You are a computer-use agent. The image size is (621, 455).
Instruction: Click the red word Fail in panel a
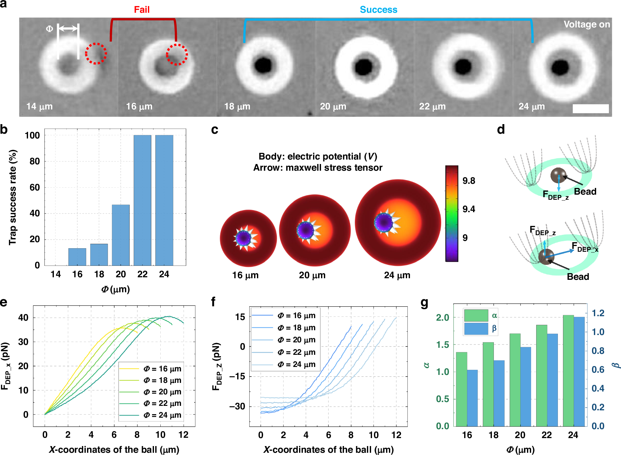click(142, 10)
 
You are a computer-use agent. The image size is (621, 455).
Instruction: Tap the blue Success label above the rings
click(378, 10)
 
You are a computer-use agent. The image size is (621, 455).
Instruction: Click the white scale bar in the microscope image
click(590, 108)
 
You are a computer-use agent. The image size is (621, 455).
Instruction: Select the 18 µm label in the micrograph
click(237, 106)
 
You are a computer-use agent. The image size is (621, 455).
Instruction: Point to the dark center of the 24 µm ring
click(560, 67)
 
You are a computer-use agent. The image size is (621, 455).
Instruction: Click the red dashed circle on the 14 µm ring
click(96, 54)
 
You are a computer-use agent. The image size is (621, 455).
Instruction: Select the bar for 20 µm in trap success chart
click(121, 235)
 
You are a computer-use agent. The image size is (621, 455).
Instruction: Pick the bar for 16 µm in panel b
click(77, 257)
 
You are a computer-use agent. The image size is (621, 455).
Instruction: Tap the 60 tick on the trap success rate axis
click(34, 187)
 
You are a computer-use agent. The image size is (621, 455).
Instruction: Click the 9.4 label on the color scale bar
click(468, 209)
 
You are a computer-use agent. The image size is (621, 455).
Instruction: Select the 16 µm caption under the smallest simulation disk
click(245, 275)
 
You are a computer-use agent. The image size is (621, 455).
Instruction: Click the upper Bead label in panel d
click(585, 191)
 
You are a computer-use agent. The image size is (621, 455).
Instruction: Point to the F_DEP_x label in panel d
click(585, 247)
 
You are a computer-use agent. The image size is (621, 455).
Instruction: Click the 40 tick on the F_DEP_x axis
click(23, 317)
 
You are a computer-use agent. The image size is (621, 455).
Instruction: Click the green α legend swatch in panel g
click(476, 315)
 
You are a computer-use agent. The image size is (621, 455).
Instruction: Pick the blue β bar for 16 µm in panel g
click(472, 398)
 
